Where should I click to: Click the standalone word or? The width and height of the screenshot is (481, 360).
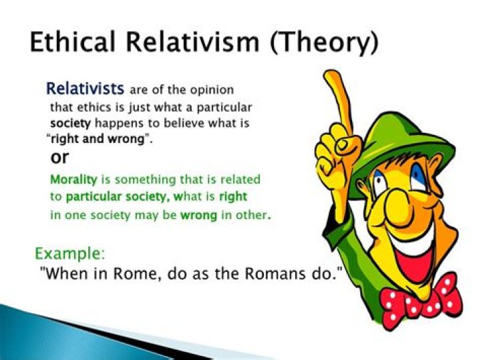point(60,158)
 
